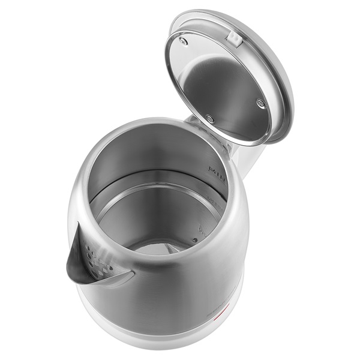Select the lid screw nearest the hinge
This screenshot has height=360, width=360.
coord(209,119)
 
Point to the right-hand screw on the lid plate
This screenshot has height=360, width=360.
coord(260,103)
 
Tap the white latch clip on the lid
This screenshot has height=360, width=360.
coord(234,40)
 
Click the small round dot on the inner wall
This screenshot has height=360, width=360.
coord(194,240)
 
